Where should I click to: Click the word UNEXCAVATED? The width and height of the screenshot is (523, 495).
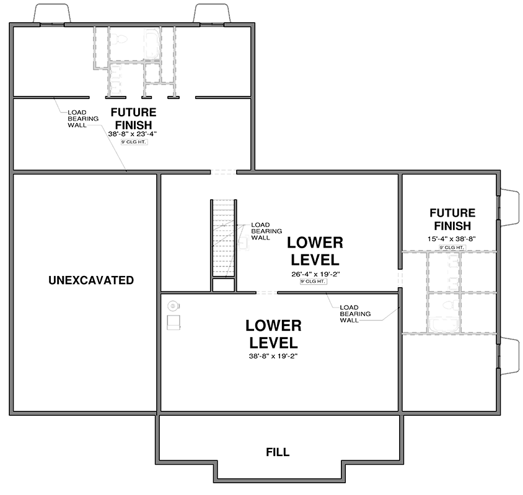coord(91,280)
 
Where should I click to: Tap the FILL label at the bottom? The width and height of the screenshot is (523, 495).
coord(278,452)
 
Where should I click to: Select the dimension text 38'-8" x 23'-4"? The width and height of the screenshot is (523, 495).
coord(133,133)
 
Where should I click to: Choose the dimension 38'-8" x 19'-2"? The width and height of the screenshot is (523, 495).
coord(273,356)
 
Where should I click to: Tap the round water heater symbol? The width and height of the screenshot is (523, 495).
coord(174,304)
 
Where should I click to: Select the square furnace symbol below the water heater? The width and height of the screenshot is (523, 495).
coord(174,321)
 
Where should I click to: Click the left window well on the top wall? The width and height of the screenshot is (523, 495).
coord(48,14)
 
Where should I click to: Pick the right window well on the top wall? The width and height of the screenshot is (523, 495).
coord(213,14)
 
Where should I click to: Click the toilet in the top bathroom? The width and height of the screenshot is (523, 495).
coord(122,41)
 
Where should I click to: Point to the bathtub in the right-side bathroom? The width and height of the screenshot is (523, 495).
coord(445,324)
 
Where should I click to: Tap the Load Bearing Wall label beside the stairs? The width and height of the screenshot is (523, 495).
coord(261,231)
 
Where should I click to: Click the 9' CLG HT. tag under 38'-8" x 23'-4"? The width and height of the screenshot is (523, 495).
coord(133,142)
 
